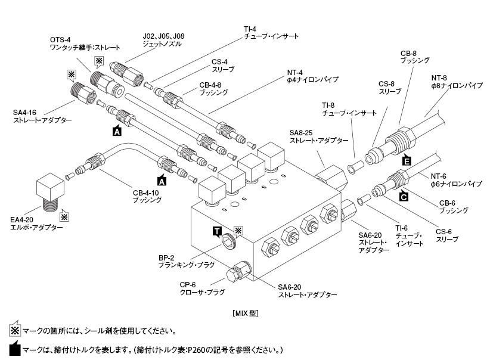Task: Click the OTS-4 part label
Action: (x=60, y=39)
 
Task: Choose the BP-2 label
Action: (x=168, y=258)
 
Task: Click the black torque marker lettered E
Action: (x=407, y=160)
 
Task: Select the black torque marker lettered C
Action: (x=404, y=195)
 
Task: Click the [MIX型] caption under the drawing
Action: (x=244, y=312)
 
